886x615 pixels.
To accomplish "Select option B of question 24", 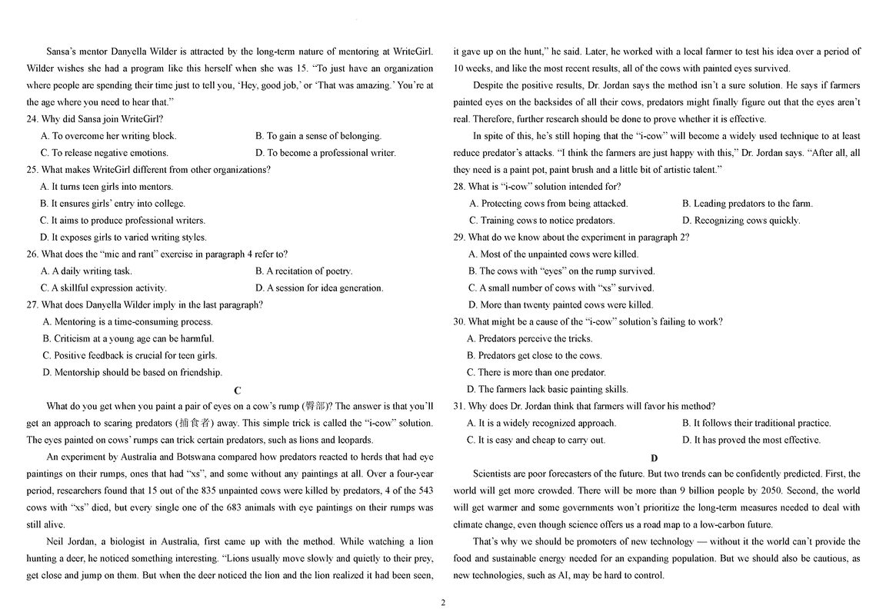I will click(x=318, y=136).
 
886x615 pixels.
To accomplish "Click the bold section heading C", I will click(x=238, y=391).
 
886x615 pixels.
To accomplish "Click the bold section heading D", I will click(x=655, y=458).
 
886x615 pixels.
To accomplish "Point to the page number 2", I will click(x=443, y=602).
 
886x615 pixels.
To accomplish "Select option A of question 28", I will click(x=548, y=204).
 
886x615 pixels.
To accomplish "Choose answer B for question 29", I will click(x=561, y=271).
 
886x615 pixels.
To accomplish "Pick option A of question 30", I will click(x=529, y=339).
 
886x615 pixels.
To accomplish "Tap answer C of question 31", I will click(x=536, y=440).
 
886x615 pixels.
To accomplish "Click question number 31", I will click(x=459, y=407).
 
